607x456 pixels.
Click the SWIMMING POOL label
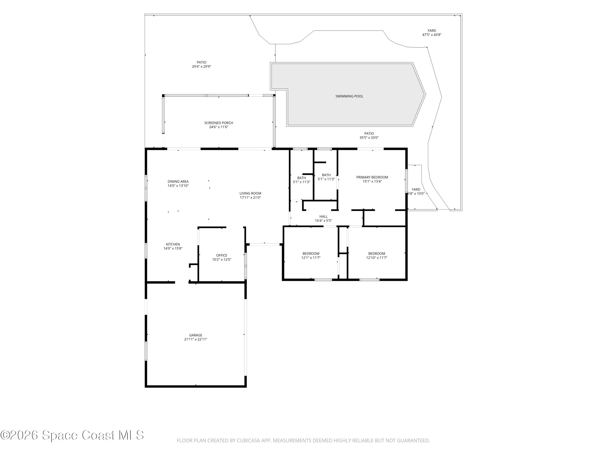point(349,96)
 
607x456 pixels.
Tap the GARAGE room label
point(196,335)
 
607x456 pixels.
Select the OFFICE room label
point(222,255)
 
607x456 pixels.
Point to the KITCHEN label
point(173,244)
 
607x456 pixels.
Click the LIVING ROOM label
point(250,194)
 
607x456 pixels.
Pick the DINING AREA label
point(178,181)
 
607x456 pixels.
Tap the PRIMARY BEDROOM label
point(372,177)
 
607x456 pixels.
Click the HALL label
point(324,217)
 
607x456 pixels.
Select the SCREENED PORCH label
point(219,123)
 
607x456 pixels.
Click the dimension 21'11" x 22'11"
point(196,339)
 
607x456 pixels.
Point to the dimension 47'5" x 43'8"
point(432,35)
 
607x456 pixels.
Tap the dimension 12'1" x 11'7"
point(311,258)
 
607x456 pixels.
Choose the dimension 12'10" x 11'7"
point(377,258)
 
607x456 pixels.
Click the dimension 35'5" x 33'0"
point(369,138)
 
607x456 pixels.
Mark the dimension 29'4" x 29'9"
point(201,66)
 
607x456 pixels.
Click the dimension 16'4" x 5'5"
point(324,221)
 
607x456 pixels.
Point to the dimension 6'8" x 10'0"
point(416,194)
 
